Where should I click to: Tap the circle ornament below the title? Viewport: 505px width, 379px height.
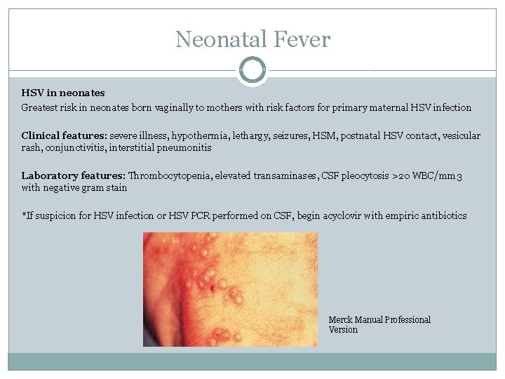click(252, 70)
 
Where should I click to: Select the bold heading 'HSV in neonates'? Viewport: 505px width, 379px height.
click(63, 93)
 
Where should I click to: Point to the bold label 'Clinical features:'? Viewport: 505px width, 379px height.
click(62, 135)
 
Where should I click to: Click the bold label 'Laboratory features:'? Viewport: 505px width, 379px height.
click(73, 175)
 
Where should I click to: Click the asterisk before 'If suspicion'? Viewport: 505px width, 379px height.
click(24, 215)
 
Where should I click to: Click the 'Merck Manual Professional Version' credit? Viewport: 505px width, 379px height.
click(379, 324)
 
